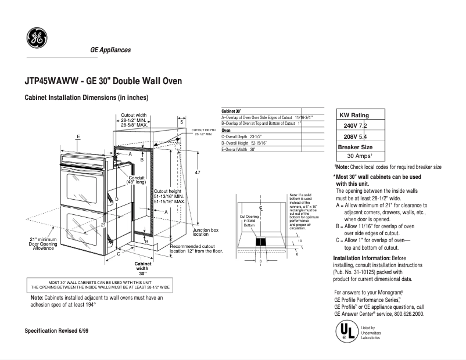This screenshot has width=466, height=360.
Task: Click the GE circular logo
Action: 37,38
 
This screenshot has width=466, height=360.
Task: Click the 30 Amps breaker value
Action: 359,156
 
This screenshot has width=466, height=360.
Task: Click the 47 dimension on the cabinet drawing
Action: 198,173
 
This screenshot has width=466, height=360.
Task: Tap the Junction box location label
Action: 205,232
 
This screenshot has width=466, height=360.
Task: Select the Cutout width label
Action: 134,115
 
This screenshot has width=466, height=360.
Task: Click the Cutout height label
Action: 168,191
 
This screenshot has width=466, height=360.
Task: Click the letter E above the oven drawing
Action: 77,136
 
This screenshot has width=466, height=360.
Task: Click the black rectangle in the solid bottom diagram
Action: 261,242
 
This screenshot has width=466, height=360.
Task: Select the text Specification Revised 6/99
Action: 57,330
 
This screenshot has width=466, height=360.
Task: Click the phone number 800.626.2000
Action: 406,314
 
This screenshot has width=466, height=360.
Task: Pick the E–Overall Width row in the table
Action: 238,149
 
